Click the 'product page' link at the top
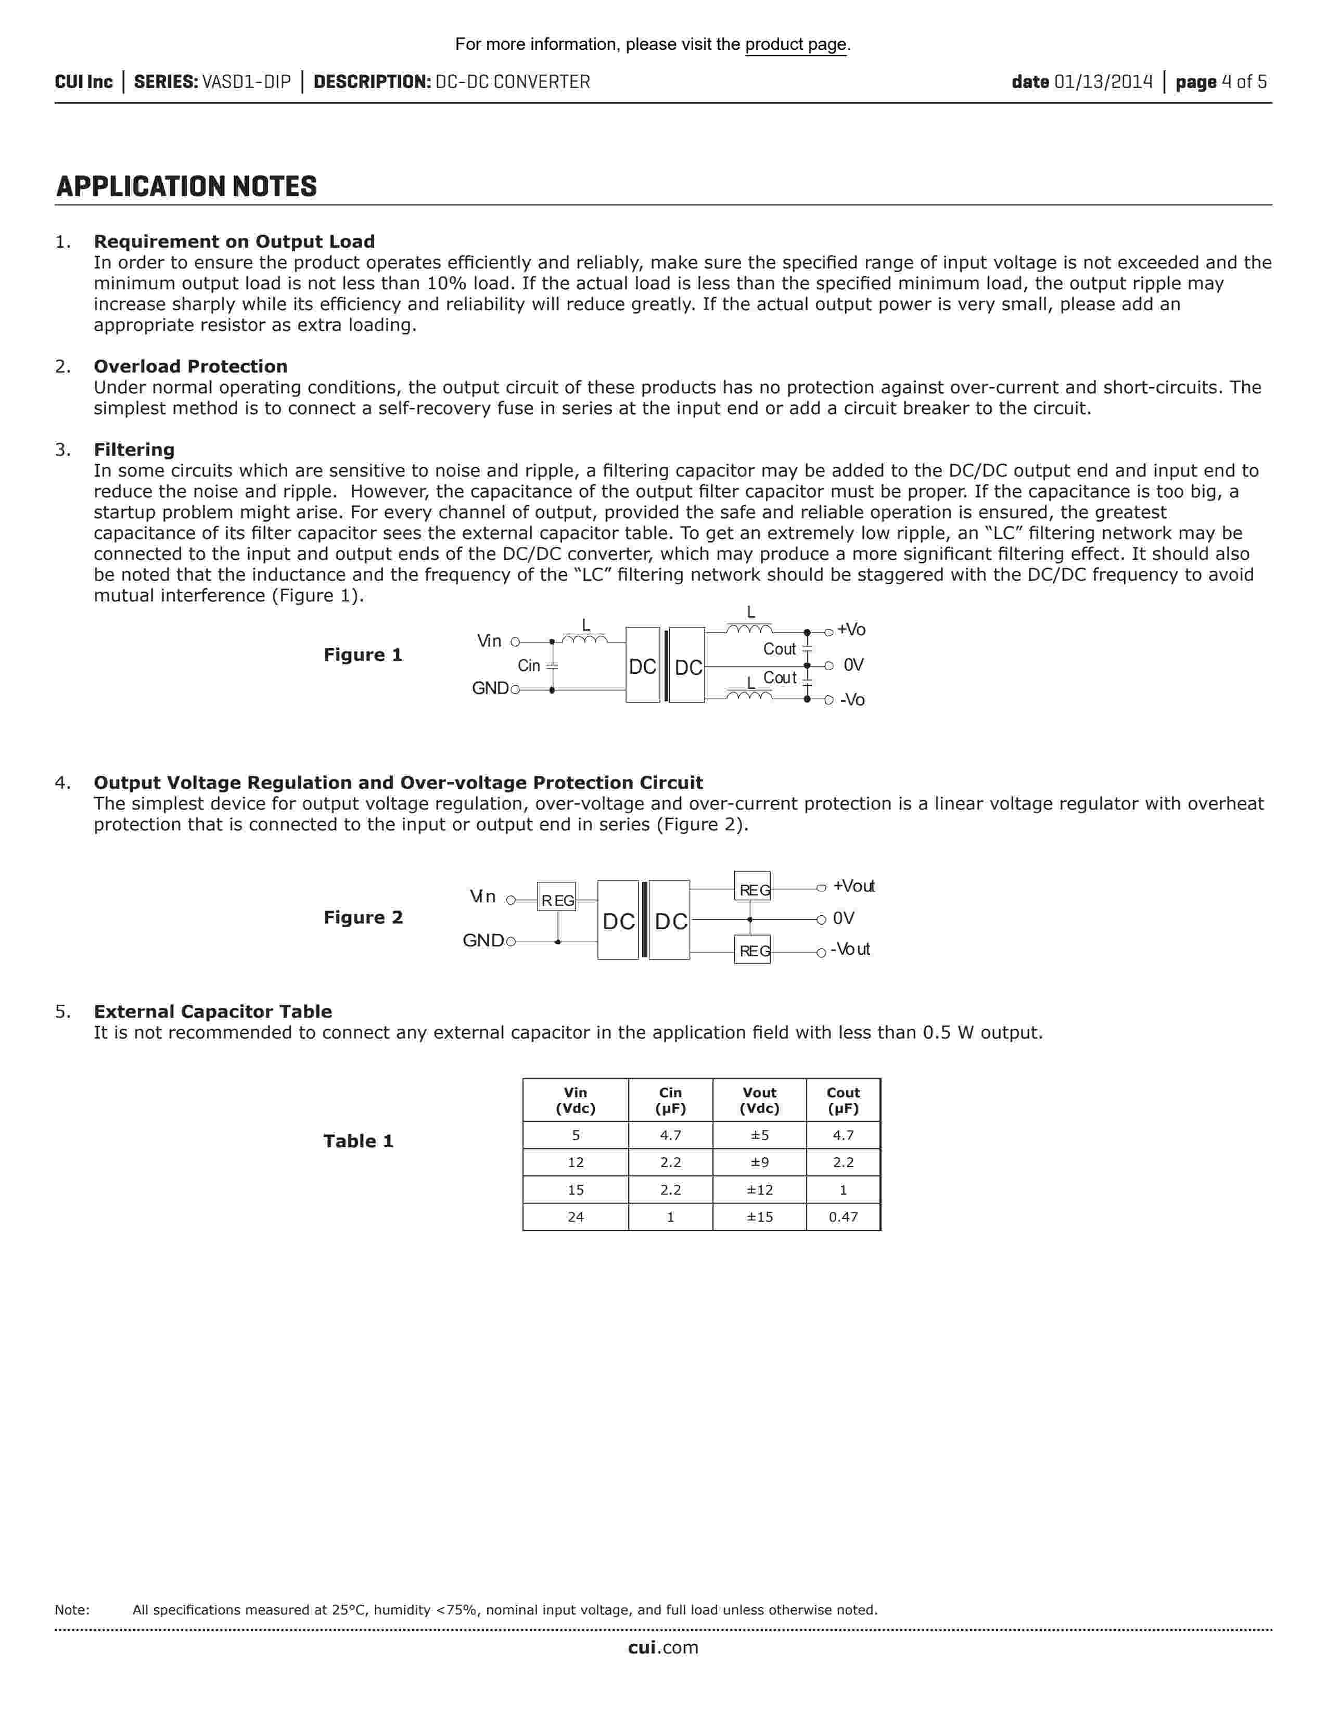(x=796, y=45)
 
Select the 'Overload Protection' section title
(x=190, y=366)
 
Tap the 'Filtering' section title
(x=134, y=450)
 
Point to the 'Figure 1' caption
(x=362, y=655)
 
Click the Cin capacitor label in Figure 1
(x=529, y=666)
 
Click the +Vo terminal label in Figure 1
(x=851, y=630)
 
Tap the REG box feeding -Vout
(x=752, y=951)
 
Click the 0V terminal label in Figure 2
(x=844, y=918)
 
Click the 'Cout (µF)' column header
(x=843, y=1100)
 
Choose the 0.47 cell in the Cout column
(x=843, y=1217)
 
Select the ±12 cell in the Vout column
(x=759, y=1189)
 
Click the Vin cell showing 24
(x=576, y=1217)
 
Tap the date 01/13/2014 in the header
(x=1103, y=82)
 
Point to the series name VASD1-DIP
(x=246, y=82)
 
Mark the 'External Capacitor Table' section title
(x=212, y=1012)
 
